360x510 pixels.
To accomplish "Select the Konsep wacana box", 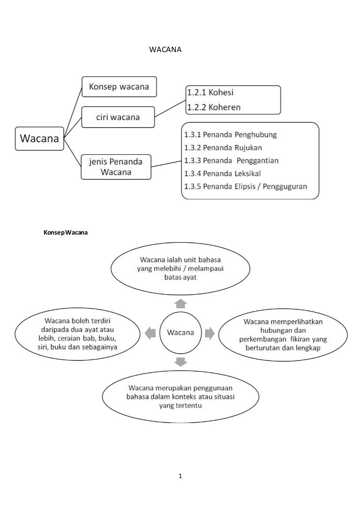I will point(119,87).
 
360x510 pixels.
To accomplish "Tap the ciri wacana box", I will point(118,117).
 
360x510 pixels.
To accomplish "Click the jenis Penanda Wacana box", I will point(116,167).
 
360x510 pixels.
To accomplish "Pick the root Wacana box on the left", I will point(40,138).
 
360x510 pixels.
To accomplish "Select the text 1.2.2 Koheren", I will point(214,107).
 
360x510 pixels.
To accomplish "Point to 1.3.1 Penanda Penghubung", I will point(231,135).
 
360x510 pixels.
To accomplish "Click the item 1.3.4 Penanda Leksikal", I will point(225,173).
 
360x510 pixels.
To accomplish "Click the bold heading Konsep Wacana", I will point(66,233).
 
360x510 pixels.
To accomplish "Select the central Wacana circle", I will point(180,333).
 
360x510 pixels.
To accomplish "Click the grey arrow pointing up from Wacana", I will point(180,302).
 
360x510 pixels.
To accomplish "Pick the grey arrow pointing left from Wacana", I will point(150,333).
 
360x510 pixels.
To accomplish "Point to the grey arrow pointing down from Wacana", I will point(180,361).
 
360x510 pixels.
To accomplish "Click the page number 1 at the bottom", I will point(180,477).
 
